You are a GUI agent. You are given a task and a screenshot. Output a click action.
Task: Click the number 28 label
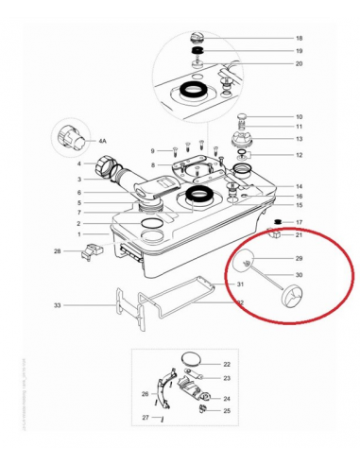pyautogui.click(x=58, y=251)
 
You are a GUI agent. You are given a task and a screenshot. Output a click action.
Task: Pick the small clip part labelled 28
pyautogui.click(x=93, y=250)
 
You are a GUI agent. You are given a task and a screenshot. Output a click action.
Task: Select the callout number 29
pyautogui.click(x=299, y=258)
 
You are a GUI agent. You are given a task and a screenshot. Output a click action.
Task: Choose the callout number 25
pyautogui.click(x=226, y=410)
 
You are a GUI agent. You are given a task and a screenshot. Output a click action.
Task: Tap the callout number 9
pyautogui.click(x=151, y=151)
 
